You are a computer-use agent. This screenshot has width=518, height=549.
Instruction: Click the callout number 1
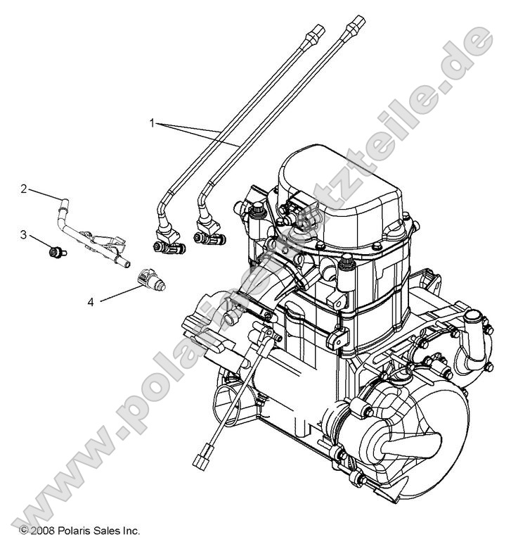[x=152, y=122]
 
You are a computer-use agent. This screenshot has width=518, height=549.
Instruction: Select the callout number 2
[x=24, y=189]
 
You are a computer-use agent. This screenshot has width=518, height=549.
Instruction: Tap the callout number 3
[x=24, y=234]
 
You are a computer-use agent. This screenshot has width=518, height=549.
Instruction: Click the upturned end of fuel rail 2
[x=63, y=205]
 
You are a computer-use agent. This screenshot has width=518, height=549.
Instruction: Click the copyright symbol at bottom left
[x=23, y=530]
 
